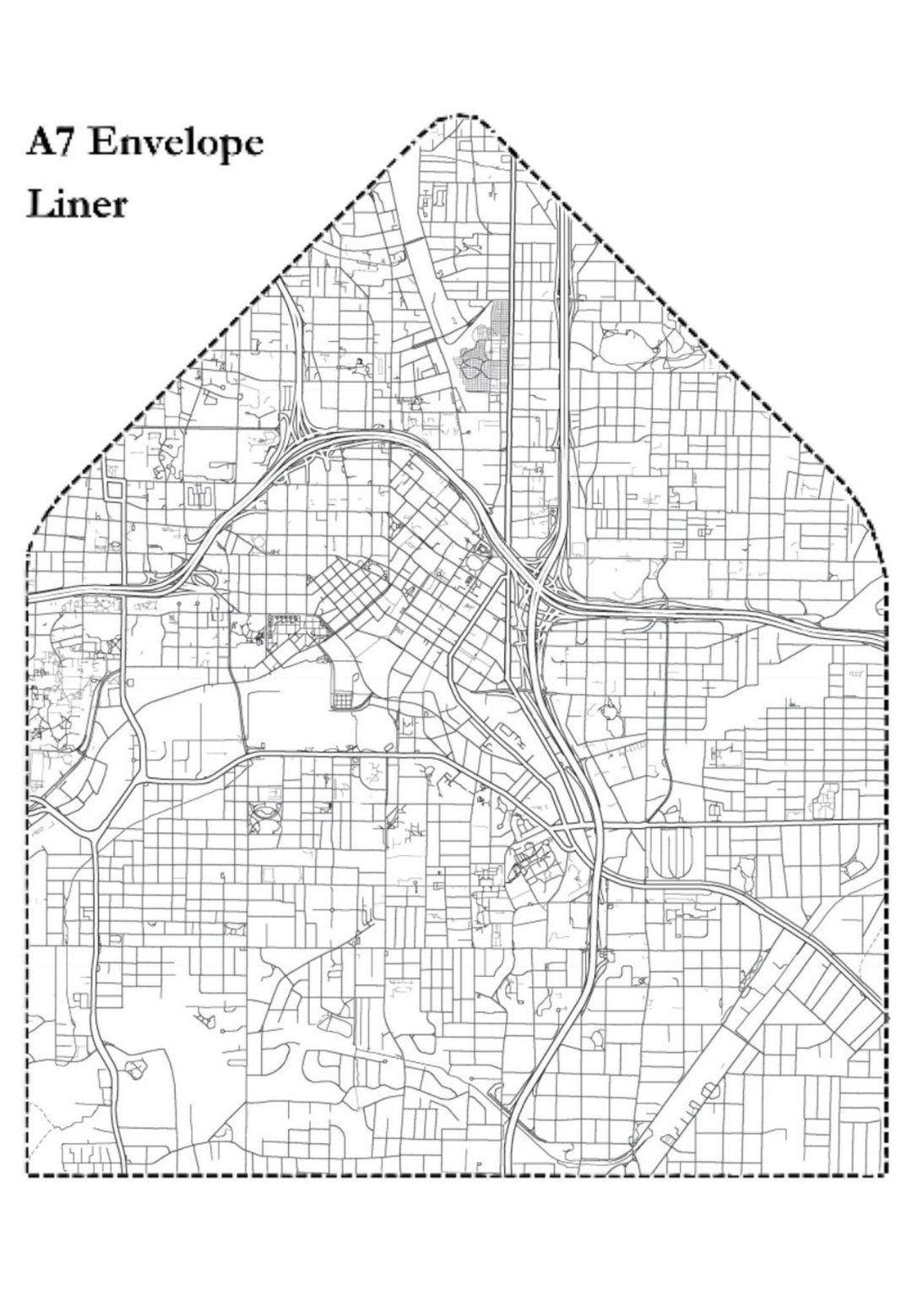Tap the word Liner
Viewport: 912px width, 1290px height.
(x=77, y=204)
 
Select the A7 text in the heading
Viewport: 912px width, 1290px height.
(x=52, y=142)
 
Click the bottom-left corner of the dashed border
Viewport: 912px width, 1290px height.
(x=29, y=1174)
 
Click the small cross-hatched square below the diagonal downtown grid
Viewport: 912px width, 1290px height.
(x=345, y=700)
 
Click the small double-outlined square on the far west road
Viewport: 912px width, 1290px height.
(x=113, y=490)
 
